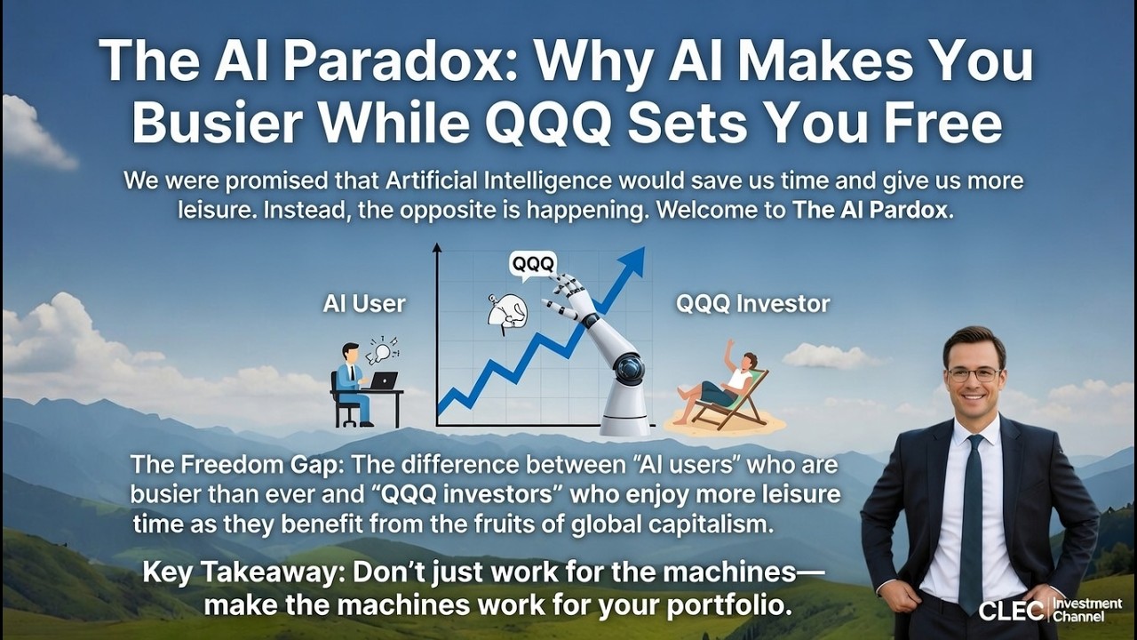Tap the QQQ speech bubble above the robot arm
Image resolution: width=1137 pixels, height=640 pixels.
coord(532,264)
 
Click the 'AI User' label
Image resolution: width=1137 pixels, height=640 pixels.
coord(364,304)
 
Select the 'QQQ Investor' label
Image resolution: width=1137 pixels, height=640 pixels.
coord(752,304)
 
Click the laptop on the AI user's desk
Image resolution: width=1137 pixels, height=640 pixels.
coord(384,380)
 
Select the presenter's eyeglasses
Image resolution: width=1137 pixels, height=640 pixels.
coord(974,374)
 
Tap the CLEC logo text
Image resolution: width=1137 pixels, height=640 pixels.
coord(1011,611)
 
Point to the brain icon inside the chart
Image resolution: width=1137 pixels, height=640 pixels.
coord(508,312)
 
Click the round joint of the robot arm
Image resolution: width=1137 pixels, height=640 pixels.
coord(628,366)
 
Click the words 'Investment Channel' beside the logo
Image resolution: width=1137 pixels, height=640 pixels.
coord(1086,610)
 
